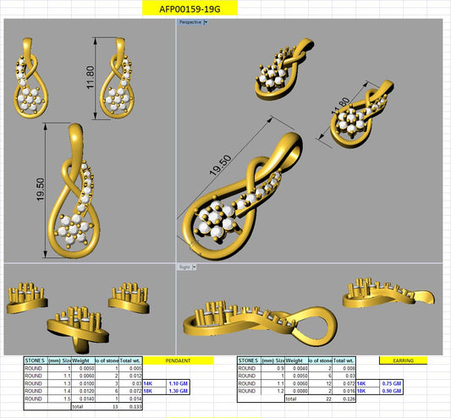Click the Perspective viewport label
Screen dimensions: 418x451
tap(190, 23)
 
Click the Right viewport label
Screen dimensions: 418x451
tap(184, 267)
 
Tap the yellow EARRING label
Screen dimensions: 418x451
tap(403, 360)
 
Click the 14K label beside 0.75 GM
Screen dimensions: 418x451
tap(362, 384)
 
